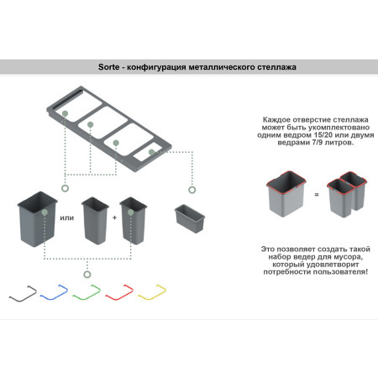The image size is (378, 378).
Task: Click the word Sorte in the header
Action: point(108,67)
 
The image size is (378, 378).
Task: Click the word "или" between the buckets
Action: point(67,218)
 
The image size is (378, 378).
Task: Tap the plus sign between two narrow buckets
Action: point(114,218)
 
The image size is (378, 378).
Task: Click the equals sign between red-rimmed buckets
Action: point(317,195)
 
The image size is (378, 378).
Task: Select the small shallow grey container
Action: point(190,218)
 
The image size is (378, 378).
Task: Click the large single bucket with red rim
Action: point(286,194)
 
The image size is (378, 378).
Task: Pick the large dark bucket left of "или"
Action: point(38,219)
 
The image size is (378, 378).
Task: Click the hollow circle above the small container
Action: point(192,190)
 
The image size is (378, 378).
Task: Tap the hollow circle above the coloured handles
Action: point(87,275)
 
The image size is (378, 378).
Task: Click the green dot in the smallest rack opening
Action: point(151,152)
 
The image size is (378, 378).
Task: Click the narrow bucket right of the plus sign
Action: point(134,221)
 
